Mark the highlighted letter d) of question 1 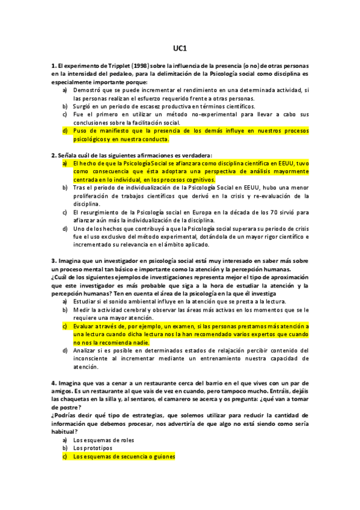64,130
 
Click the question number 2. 53,155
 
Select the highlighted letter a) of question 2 64,163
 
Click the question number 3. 53,261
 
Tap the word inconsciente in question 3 93,358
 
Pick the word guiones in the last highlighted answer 161,456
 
